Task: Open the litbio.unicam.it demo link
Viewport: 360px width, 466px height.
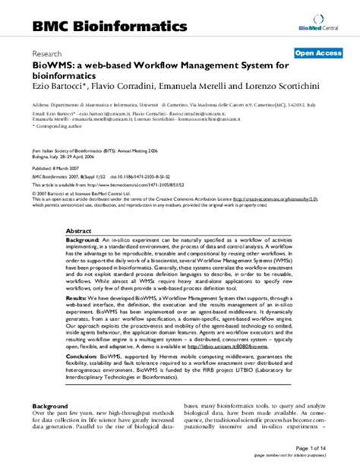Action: (x=236, y=345)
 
